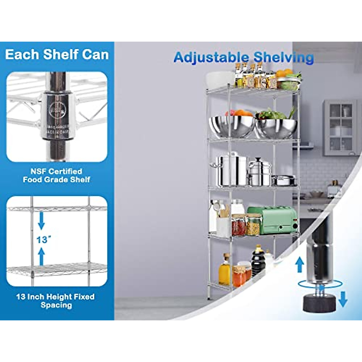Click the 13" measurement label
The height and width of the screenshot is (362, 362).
(x=43, y=240)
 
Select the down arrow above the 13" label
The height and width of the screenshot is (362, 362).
(x=41, y=221)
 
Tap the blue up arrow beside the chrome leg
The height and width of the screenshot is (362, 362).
(x=299, y=264)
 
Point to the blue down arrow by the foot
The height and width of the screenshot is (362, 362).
(x=343, y=299)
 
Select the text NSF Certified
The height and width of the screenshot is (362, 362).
(x=56, y=171)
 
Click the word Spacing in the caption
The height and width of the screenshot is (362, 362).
(x=56, y=305)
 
